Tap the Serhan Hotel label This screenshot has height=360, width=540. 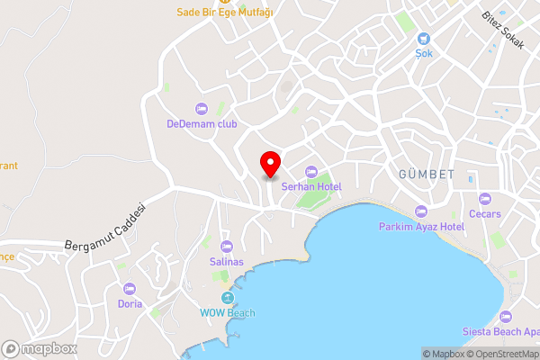tap(311, 186)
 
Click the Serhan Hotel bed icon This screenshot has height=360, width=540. tap(311, 171)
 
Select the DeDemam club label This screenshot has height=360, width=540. tap(202, 123)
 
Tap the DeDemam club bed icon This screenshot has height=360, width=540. tap(201, 108)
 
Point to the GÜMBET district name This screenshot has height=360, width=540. tap(426, 173)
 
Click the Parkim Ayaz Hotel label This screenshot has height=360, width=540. tap(421, 227)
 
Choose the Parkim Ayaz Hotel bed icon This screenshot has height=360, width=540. tap(421, 211)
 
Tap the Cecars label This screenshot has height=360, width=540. tap(485, 214)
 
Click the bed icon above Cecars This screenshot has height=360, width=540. tap(485, 199)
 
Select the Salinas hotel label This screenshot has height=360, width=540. tap(226, 261)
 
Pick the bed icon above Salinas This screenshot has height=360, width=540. tap(226, 246)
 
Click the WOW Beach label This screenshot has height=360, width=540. tap(228, 312)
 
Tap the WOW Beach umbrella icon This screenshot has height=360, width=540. tap(228, 297)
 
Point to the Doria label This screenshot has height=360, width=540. tap(129, 304)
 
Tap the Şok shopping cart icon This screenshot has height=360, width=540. tap(424, 39)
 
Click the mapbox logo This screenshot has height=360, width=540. tap(40, 349)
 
